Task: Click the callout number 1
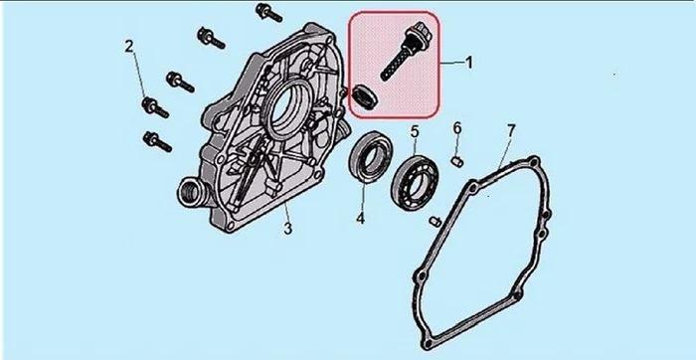coord(468,63)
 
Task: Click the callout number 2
coord(129,46)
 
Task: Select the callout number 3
coord(288,229)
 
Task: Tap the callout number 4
coord(360,218)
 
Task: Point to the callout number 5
coord(415,131)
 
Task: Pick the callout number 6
coord(457,128)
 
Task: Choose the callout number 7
coord(511,131)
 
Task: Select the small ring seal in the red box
coord(365,97)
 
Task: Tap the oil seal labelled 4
coord(371,155)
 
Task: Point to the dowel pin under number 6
coord(457,161)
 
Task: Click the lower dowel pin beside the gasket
coord(435,221)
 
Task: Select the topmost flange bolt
coord(268,12)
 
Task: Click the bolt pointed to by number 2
coord(154,107)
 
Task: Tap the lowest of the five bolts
coord(157,141)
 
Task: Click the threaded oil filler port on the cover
coord(191,192)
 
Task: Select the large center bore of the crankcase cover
coord(286,109)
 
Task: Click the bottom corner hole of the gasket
coord(427,344)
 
